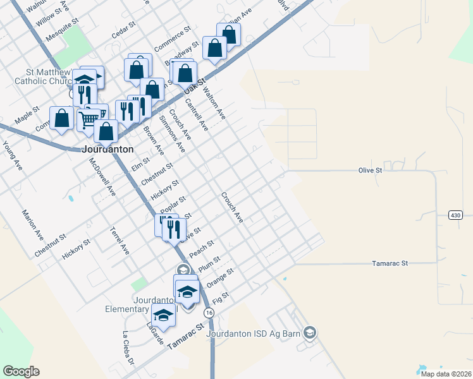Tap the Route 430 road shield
point(456,215)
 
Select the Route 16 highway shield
point(208,313)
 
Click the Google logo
point(21,371)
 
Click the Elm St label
point(140,165)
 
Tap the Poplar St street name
point(173,204)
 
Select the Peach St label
point(202,248)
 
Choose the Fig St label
point(221,298)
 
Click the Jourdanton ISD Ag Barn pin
point(309,332)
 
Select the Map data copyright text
point(445,373)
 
